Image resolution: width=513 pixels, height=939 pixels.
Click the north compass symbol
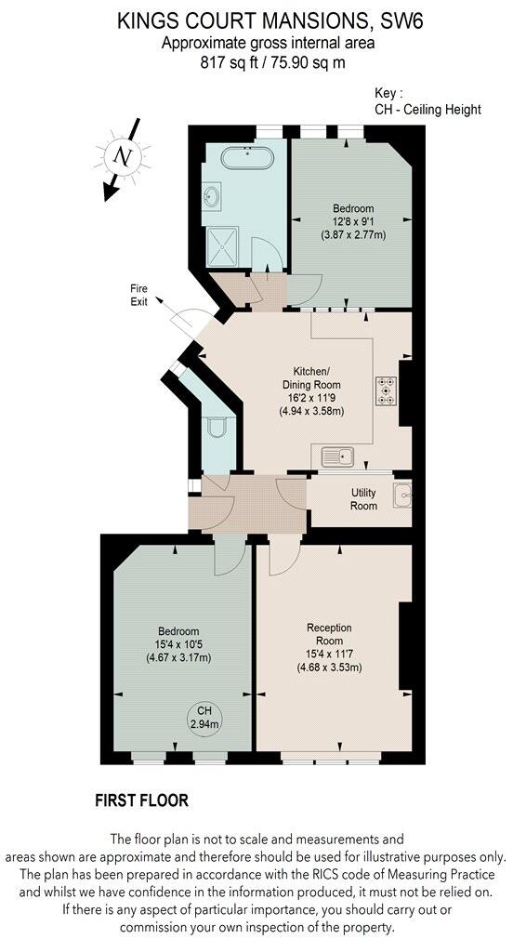pos(122,157)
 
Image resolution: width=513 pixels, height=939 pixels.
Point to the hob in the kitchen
pos(386,390)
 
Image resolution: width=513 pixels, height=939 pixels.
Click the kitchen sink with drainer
pos(338,456)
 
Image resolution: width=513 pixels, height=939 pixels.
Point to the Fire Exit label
pos(138,296)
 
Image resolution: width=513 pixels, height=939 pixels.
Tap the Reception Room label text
pos(329,634)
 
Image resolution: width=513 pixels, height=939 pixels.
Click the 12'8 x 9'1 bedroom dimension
pos(352,221)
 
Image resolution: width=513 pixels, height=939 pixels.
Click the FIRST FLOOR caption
pos(142,800)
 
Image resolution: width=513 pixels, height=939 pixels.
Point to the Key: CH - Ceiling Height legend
pos(427,102)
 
